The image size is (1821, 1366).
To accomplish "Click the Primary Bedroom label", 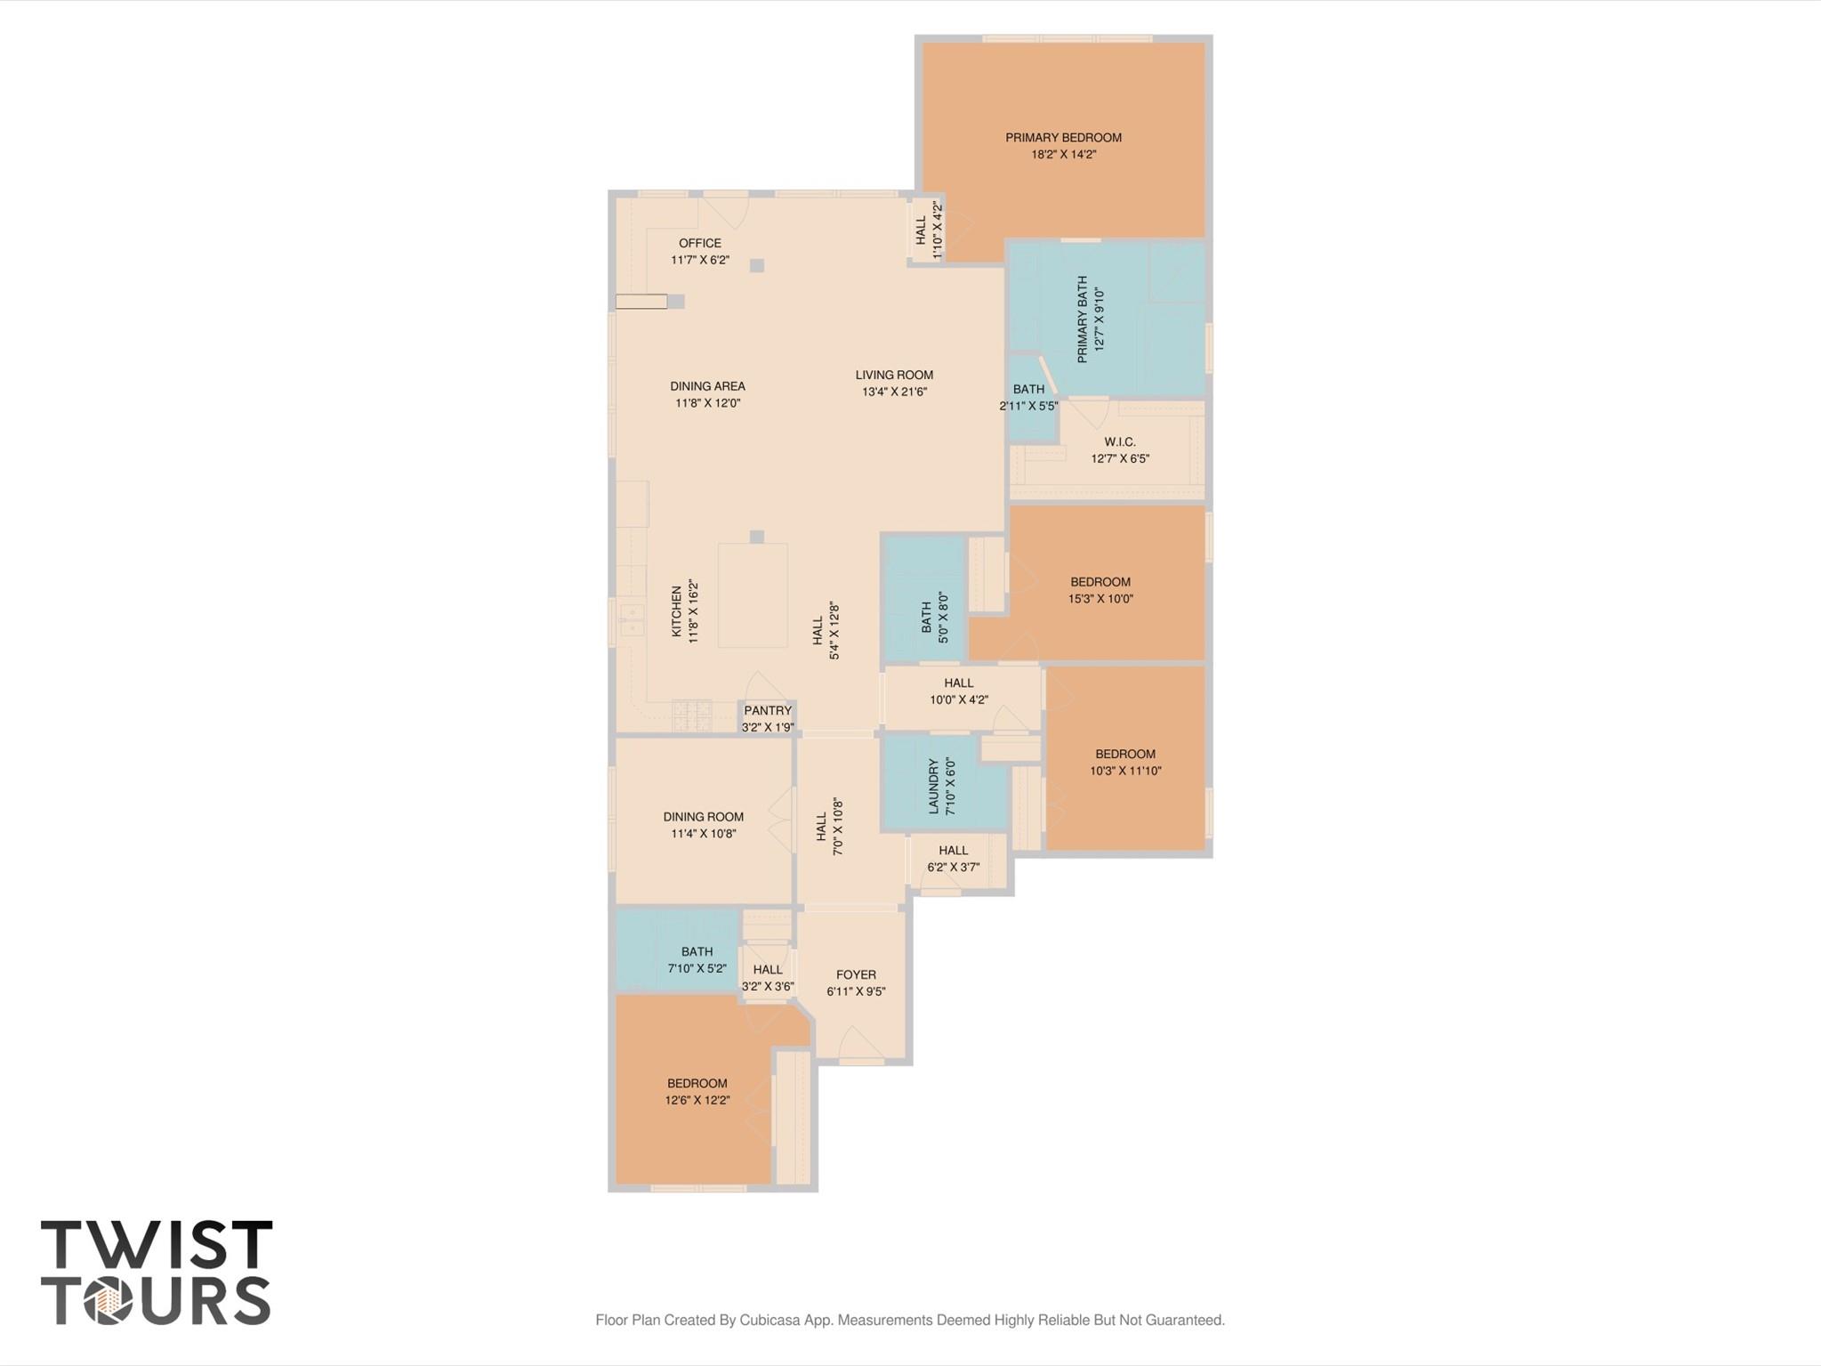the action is tap(1063, 137).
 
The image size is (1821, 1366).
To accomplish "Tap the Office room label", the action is tap(700, 243).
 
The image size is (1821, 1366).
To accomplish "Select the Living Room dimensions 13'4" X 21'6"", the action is tap(894, 392).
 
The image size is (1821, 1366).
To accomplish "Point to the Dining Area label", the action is tap(707, 386).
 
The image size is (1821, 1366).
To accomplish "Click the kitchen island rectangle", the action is tap(753, 595).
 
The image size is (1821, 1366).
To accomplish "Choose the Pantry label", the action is tap(768, 710).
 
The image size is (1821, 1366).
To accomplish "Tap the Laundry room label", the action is tap(934, 786).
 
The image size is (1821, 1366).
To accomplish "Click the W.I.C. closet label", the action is tap(1120, 442).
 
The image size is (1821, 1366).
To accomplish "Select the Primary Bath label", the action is tap(1083, 319).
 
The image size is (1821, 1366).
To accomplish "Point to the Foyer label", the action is tap(856, 974).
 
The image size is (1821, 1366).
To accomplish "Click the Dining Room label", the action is tap(703, 817).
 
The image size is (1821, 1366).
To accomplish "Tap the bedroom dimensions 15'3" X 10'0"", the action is tap(1100, 599).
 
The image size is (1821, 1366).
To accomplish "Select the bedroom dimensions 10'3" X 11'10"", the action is tap(1125, 771).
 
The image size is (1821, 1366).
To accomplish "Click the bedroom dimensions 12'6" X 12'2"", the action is tap(697, 1100).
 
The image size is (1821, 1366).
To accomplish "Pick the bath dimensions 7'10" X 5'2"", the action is tap(697, 968).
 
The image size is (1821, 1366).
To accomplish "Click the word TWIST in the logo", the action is tap(157, 1244).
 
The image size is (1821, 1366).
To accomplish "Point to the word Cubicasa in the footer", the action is tap(771, 1320).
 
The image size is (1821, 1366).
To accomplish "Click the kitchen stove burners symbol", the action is tap(692, 716).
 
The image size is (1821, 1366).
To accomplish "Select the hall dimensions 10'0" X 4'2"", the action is tap(959, 699).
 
